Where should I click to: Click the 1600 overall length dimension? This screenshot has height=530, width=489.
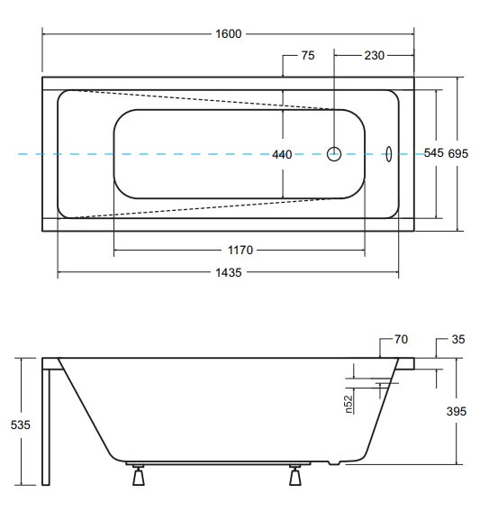click(x=229, y=34)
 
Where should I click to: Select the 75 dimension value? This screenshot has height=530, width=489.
click(x=308, y=56)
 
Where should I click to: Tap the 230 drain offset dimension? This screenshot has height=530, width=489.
click(x=375, y=56)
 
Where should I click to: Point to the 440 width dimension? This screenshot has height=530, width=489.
click(x=282, y=155)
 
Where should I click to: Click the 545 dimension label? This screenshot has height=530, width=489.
click(x=434, y=153)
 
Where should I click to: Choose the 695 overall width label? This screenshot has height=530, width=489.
click(x=458, y=154)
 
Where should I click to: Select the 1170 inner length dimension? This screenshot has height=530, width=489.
click(x=240, y=251)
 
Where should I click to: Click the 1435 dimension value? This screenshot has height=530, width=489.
click(x=229, y=272)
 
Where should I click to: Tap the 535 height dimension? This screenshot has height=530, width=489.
click(x=20, y=425)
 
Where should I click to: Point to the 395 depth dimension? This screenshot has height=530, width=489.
click(x=457, y=411)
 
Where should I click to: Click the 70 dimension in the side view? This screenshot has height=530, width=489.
click(x=401, y=339)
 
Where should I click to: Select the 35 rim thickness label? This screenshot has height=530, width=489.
click(x=458, y=339)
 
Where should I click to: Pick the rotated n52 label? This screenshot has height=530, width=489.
click(x=349, y=404)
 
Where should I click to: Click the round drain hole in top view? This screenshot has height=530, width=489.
click(x=334, y=154)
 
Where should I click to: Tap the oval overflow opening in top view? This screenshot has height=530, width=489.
click(x=389, y=154)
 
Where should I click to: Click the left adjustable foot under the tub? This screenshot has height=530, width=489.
click(x=139, y=475)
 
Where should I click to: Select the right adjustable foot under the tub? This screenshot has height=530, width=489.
click(x=295, y=475)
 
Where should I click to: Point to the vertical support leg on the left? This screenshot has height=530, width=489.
click(x=46, y=427)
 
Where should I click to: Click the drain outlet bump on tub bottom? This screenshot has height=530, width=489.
click(x=333, y=462)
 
